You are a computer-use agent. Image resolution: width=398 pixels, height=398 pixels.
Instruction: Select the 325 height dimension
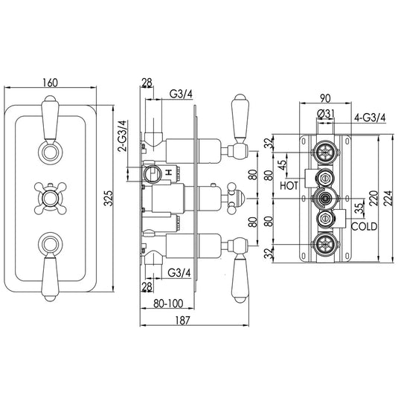coord(109,199)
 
